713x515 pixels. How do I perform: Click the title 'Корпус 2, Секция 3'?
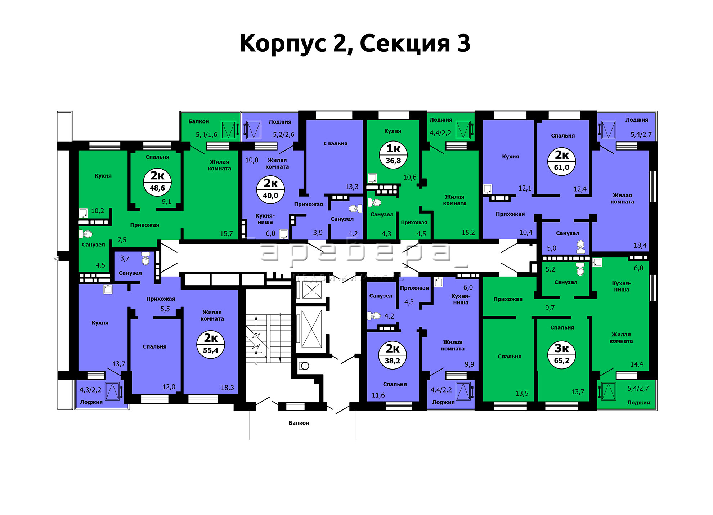click(x=355, y=44)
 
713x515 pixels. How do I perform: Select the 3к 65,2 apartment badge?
click(x=562, y=355)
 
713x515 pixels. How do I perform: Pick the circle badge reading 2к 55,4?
click(x=211, y=344)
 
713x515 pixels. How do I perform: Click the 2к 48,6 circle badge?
click(x=157, y=182)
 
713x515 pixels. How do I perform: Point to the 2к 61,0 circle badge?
click(x=562, y=161)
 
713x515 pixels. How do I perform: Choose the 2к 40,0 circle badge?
click(x=270, y=189)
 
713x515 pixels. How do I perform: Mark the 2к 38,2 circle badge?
click(x=393, y=355)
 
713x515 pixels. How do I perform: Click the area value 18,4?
click(x=640, y=246)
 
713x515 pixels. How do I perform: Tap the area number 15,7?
click(x=227, y=234)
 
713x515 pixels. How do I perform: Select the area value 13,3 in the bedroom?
click(x=352, y=187)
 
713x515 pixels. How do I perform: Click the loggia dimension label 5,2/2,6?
click(x=284, y=135)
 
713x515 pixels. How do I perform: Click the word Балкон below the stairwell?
click(x=299, y=423)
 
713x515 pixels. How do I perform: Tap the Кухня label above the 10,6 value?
click(x=393, y=131)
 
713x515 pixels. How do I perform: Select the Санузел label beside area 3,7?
click(x=130, y=273)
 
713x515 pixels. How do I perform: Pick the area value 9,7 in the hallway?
click(x=550, y=308)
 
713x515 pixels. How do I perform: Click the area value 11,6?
click(x=378, y=395)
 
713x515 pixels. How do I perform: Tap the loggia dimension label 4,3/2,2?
click(x=90, y=390)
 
